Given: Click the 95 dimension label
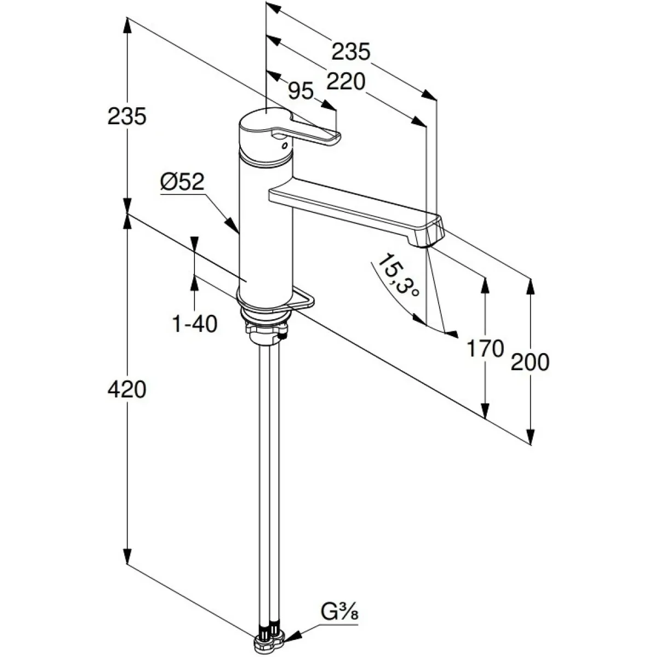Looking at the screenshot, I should pos(301,91).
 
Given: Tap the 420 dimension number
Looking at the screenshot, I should pos(127,390).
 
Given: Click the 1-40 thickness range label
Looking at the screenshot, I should pos(195,324).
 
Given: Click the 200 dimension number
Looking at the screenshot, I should pos(529,362).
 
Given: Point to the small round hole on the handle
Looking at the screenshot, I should pos(283,146).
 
